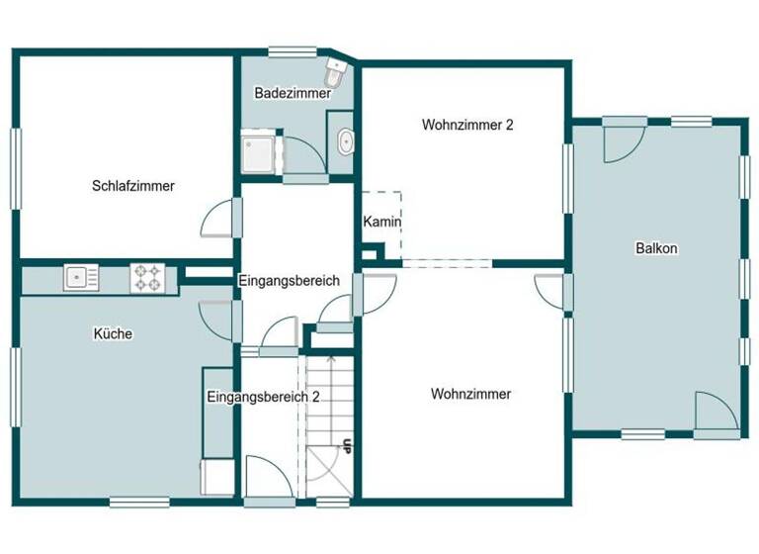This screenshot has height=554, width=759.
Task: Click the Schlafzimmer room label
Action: coord(133,185)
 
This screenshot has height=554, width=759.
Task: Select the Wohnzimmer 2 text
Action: coord(467,125)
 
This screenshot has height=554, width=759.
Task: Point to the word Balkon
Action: coord(656,248)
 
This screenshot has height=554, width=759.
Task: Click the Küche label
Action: coord(115,334)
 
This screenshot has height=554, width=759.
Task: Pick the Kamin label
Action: coord(381,222)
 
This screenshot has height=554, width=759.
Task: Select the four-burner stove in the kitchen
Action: coord(147,278)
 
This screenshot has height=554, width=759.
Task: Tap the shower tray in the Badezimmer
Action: coord(258,152)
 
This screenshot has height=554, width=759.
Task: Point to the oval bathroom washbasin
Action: coord(344,143)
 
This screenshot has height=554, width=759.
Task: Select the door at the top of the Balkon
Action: coord(623,139)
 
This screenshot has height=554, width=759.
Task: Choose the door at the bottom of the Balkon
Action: coord(716,414)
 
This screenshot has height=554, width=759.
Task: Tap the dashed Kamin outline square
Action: coord(381,226)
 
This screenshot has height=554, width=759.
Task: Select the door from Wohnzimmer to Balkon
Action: coord(550,291)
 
